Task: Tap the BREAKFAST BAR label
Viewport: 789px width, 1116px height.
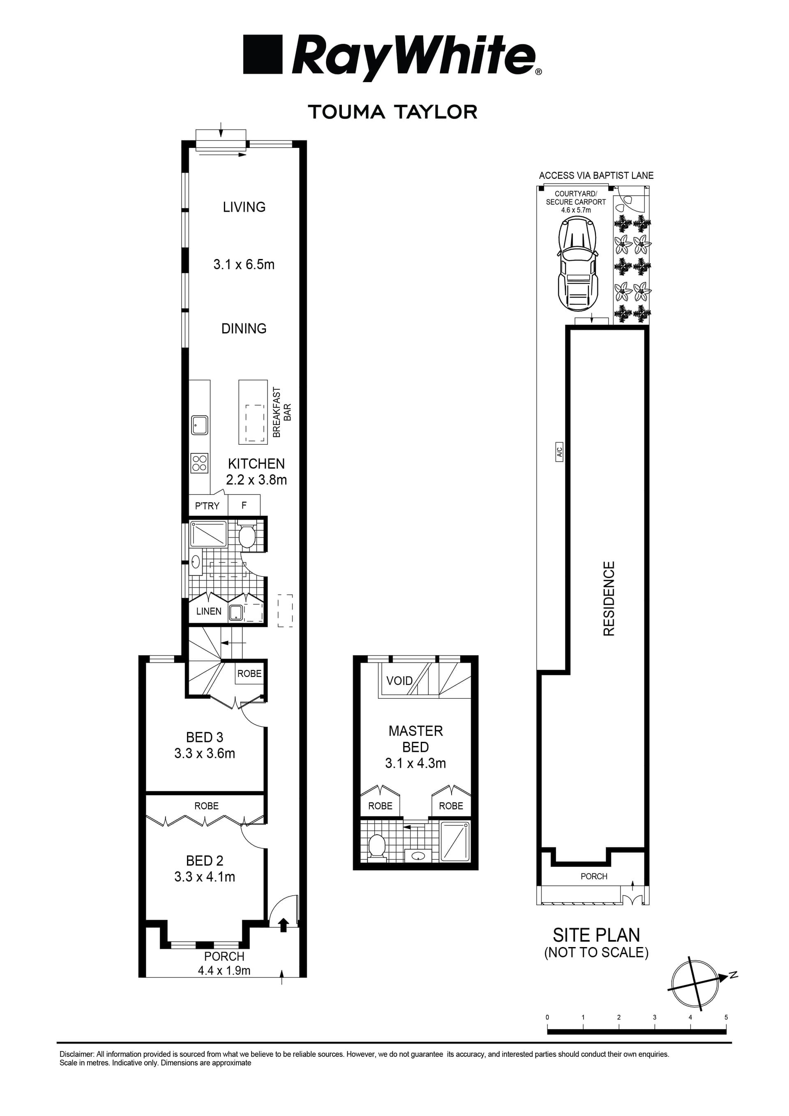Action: [x=282, y=412]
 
